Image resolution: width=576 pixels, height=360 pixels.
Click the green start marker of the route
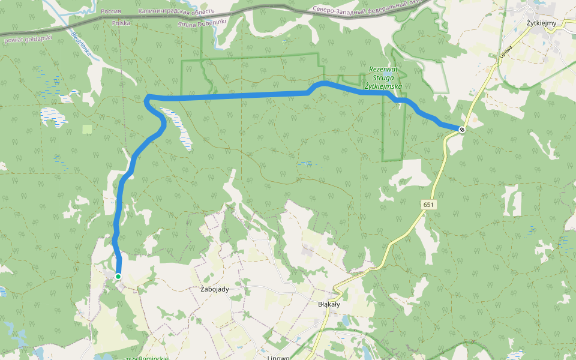[x=118, y=276]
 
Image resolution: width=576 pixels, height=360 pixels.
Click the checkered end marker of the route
[x=461, y=129]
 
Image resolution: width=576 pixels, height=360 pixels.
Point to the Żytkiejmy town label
[x=541, y=23]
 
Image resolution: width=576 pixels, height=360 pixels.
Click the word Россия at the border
[x=112, y=11]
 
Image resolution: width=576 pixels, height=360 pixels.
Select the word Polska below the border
[x=121, y=23]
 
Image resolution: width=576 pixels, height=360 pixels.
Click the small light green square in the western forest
[x=88, y=129]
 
